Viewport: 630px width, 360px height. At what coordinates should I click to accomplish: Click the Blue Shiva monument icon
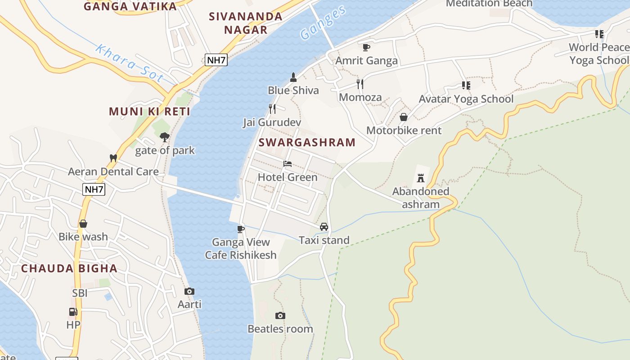(293, 77)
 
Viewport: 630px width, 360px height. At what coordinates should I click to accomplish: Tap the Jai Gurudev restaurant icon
(272, 109)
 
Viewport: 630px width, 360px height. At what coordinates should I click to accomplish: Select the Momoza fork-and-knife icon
(360, 84)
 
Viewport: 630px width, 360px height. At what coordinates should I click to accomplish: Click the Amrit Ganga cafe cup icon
(366, 47)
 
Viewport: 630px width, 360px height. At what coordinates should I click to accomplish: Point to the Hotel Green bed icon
(288, 164)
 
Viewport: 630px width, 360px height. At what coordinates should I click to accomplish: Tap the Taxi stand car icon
(324, 227)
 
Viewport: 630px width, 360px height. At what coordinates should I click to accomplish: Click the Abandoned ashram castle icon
(421, 178)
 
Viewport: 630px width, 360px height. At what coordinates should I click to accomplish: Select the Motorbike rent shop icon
(404, 117)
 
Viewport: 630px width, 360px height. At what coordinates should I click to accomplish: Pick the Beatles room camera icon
(280, 316)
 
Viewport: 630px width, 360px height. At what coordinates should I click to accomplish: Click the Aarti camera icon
(189, 292)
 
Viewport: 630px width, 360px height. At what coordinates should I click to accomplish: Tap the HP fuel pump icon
(73, 312)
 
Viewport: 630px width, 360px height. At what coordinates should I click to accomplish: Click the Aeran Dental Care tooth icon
(113, 158)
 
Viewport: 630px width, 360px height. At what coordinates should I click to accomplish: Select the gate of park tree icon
(165, 137)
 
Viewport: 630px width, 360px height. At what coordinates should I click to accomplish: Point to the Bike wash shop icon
(83, 224)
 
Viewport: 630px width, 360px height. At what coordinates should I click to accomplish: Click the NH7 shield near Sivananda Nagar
(216, 60)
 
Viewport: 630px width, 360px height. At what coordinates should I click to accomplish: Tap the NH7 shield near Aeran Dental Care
(94, 189)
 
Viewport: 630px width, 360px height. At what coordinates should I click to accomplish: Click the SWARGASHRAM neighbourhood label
(307, 143)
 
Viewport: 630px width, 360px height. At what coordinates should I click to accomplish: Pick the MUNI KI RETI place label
(149, 112)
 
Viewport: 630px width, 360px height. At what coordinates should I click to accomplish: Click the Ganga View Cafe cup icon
(241, 229)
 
